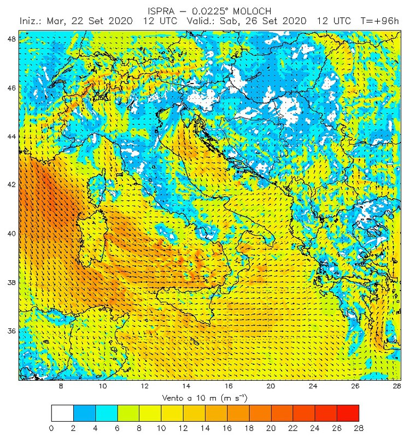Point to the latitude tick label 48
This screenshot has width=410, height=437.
coord(11,39)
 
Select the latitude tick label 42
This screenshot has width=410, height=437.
coord(11,185)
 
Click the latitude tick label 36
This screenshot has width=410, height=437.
coord(11,331)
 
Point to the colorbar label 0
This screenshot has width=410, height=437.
coord(51,428)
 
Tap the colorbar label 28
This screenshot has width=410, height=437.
coord(359,428)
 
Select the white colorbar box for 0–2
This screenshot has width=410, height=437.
coord(62,412)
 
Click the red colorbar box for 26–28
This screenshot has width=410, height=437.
coord(348,412)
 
